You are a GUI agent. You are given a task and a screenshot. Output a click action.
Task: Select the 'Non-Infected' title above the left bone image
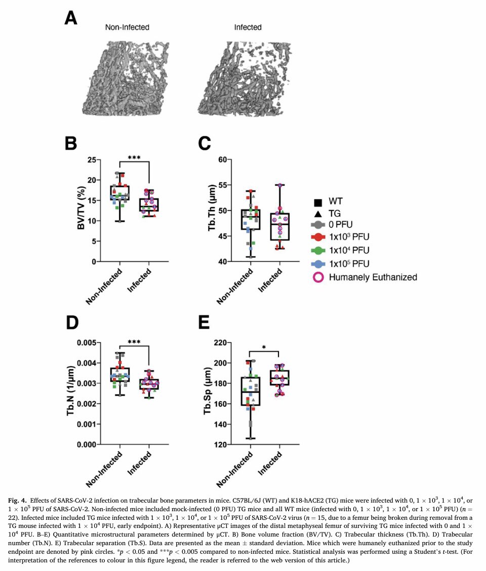(127, 27)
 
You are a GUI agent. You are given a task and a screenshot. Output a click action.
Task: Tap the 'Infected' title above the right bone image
(248, 27)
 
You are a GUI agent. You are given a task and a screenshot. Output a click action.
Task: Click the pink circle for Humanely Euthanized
(318, 277)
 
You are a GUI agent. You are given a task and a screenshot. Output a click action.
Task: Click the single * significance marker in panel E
(264, 348)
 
